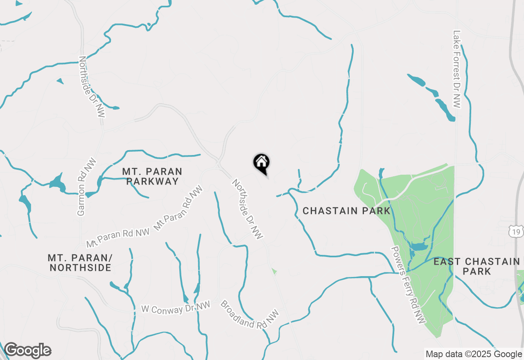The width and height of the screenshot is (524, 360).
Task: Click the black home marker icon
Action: pos(262,163)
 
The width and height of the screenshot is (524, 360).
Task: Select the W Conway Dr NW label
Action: pos(175,308)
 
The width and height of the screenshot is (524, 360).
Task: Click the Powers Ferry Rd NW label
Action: pos(408,285)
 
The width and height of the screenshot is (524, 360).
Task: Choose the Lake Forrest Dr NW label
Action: pos(457,69)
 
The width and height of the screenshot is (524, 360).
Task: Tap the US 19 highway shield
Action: pos(516,232)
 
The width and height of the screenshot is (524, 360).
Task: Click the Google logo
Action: pos(27,350)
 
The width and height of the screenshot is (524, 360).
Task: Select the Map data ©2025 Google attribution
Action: pos(474,354)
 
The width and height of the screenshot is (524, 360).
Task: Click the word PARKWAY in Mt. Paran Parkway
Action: pos(152,181)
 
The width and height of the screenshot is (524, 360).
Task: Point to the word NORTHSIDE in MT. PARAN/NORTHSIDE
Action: pos(80,268)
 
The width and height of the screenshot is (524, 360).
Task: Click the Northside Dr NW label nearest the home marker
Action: pos(247,209)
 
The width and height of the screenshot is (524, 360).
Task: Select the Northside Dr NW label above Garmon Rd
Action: pos(92,86)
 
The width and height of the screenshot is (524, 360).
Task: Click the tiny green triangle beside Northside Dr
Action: pos(274,271)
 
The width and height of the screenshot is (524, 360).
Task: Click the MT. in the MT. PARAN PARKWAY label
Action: pos(130,171)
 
